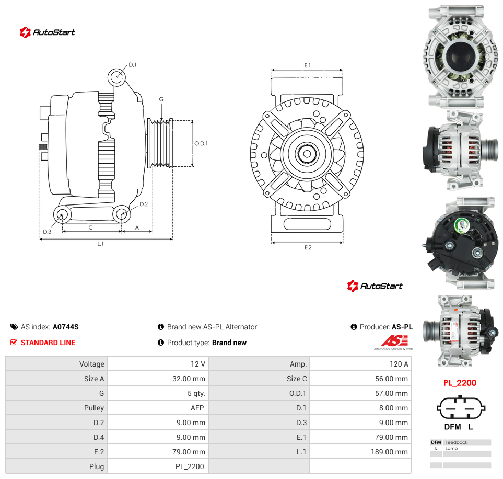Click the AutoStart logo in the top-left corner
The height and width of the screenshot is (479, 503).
pyautogui.click(x=47, y=32)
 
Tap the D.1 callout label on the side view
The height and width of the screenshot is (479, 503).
pyautogui.click(x=133, y=65)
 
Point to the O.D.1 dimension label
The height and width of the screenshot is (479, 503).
pyautogui.click(x=201, y=143)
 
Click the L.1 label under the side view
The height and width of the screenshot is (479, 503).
pyautogui.click(x=100, y=244)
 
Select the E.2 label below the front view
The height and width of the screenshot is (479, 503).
pyautogui.click(x=308, y=247)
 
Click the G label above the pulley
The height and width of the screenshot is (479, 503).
pyautogui.click(x=161, y=99)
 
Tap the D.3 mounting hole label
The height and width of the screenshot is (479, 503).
pyautogui.click(x=47, y=232)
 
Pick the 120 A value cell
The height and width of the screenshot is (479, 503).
pyautogui.click(x=360, y=364)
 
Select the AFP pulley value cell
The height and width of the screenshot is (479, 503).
pyautogui.click(x=158, y=408)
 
